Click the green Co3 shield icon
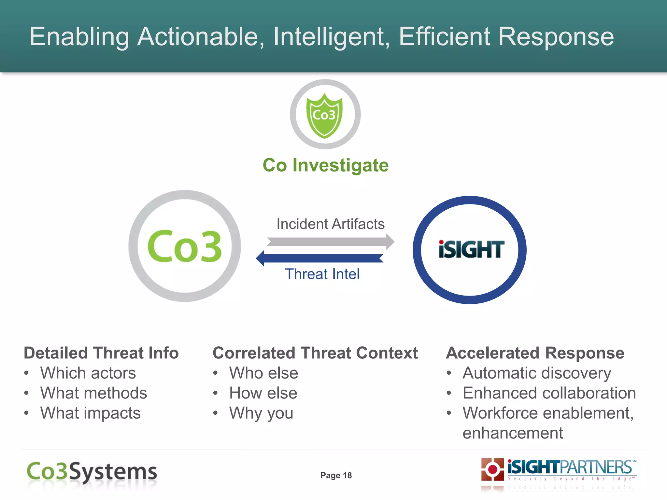coord(325,116)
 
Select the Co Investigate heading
coord(325,165)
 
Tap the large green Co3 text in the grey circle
coord(185,246)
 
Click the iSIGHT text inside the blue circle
coord(471,250)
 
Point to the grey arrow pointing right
coord(330,242)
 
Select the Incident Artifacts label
coord(330,224)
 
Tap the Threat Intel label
coord(322,274)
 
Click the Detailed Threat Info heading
coord(101,353)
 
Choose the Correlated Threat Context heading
coord(315,353)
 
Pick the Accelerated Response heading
coord(535,353)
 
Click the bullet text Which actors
coord(88,373)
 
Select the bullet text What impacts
coord(90,413)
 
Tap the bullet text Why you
coord(261,413)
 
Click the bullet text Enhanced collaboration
coord(549,393)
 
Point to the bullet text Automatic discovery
coord(537,373)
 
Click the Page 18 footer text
coord(336,476)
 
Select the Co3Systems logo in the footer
coord(92,472)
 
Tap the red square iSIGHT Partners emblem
coord(492,469)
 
